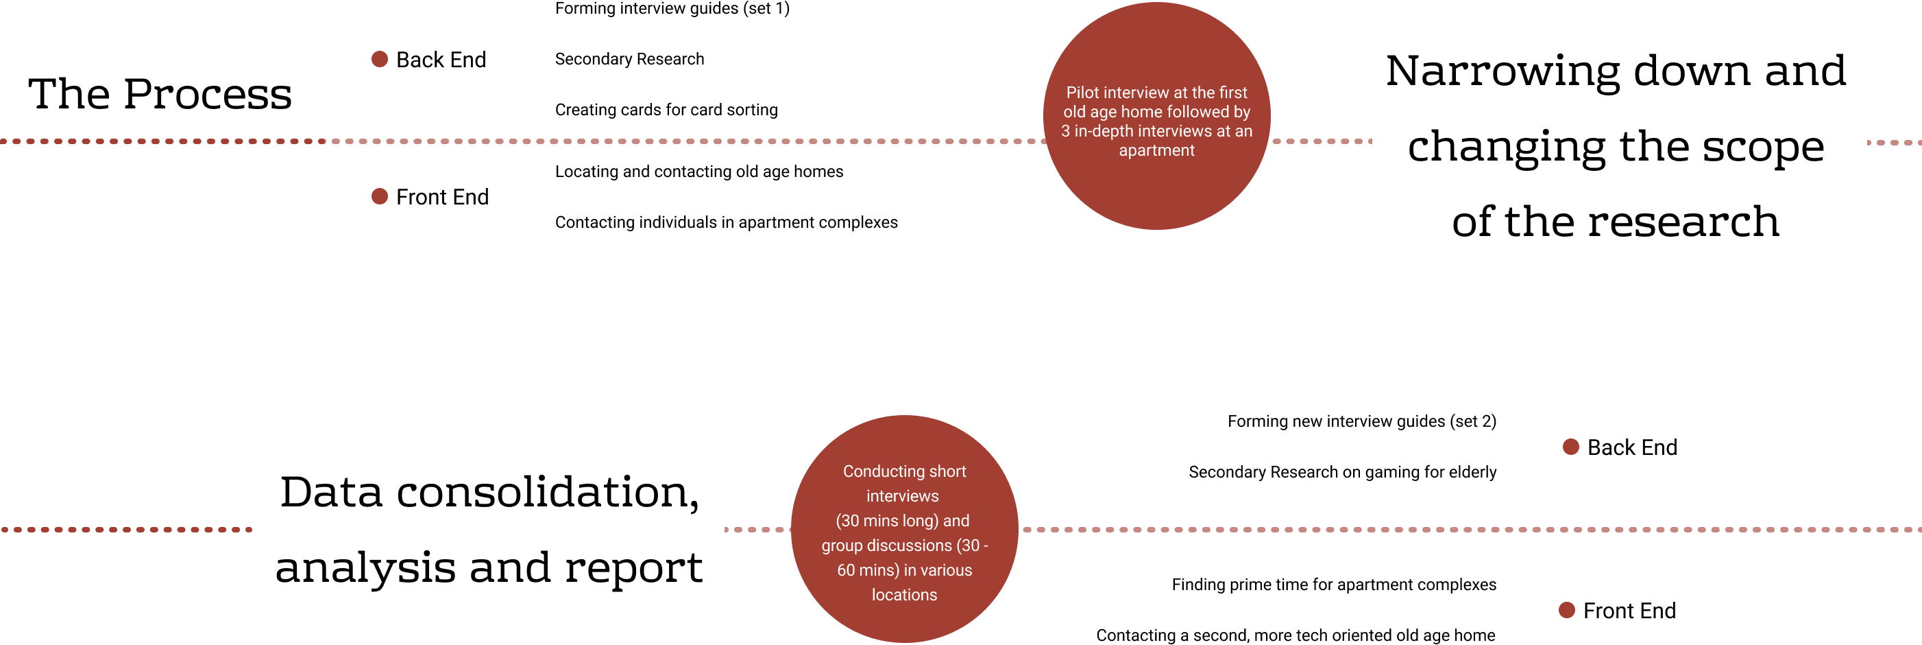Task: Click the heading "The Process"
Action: point(160,94)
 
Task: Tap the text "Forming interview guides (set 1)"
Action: point(672,9)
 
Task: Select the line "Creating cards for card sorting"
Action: point(666,110)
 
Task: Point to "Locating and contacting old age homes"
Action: point(698,172)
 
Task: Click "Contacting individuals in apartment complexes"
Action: point(726,222)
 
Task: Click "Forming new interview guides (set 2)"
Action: point(1362,422)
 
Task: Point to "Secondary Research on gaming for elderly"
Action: point(1342,473)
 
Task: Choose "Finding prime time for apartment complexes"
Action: point(1333,585)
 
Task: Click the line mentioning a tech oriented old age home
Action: point(1295,635)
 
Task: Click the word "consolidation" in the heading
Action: point(548,493)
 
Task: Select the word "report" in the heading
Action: point(633,568)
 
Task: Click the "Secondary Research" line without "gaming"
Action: point(629,59)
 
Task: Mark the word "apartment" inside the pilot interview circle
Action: point(1156,151)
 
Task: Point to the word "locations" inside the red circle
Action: point(904,595)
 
